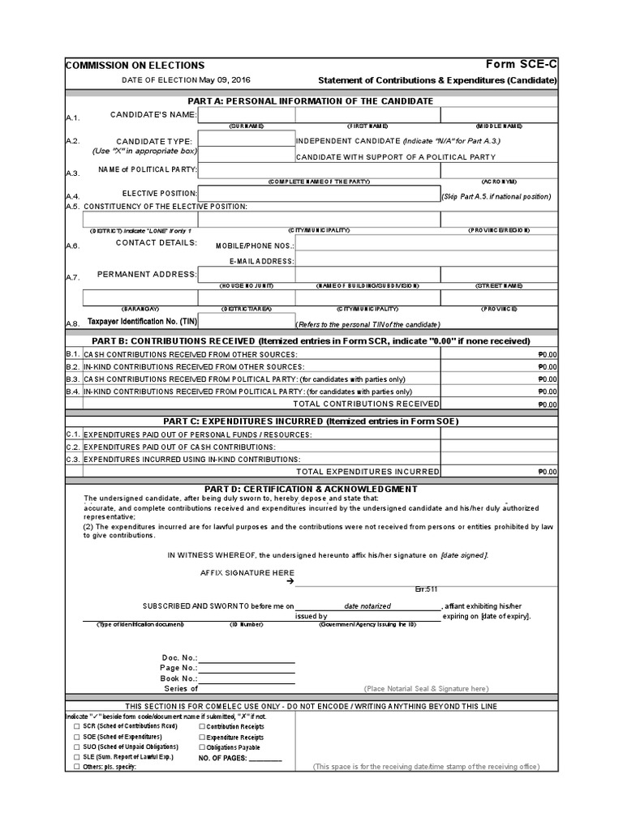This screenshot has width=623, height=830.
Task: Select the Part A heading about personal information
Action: [311, 101]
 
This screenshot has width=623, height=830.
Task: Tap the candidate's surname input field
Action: [246, 115]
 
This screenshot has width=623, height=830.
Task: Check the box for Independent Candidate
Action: [246, 139]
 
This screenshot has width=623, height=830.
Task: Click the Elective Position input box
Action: [319, 193]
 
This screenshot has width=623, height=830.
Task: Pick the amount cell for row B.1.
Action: [499, 354]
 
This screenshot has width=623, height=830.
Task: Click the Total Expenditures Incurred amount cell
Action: [499, 471]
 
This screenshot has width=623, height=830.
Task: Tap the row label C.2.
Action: [73, 447]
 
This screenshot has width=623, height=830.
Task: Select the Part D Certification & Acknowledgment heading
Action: [311, 489]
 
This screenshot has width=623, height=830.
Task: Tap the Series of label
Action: [181, 688]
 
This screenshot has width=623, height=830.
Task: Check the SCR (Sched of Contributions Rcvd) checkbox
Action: [75, 726]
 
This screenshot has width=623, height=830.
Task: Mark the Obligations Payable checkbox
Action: [202, 747]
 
